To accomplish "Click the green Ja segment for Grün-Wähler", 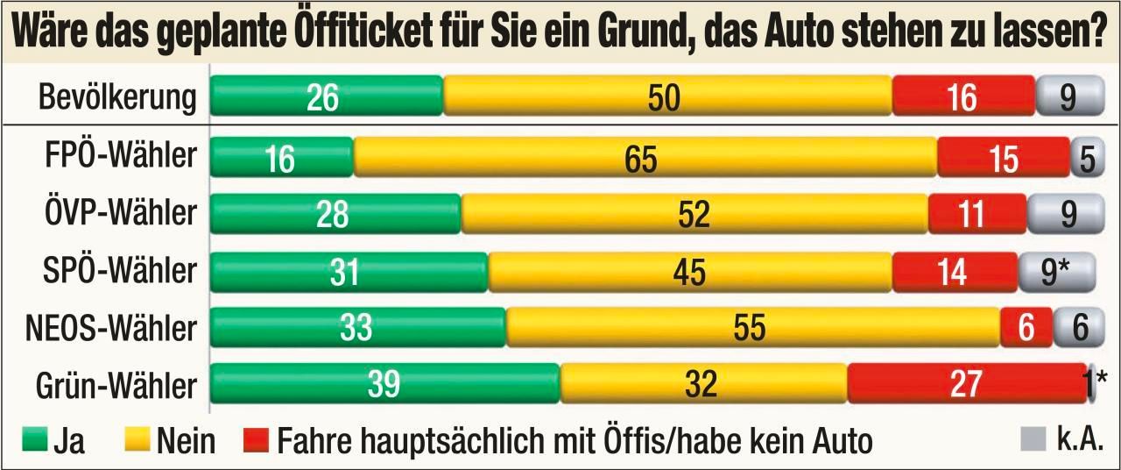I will [384, 383].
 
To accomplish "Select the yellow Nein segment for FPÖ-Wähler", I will [645, 159].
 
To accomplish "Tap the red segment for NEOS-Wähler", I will [1026, 328].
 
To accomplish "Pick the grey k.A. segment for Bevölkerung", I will [1066, 97].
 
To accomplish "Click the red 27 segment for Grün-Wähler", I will [966, 383].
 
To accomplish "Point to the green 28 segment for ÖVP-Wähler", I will [335, 215].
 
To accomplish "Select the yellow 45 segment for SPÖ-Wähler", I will [690, 272].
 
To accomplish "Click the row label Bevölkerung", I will [117, 97].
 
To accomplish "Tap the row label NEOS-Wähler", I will [109, 328].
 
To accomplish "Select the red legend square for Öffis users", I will [256, 440].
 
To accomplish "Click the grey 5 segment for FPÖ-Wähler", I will [1083, 159].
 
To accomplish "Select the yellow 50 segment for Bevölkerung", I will [666, 97].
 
